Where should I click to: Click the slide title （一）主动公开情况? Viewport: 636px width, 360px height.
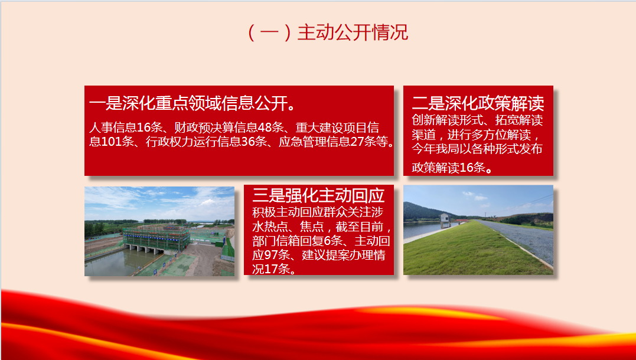327,32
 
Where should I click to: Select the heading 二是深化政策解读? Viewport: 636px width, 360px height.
478,103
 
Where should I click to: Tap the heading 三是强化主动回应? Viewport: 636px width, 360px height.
318,195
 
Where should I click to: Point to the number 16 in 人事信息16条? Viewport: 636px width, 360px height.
143,127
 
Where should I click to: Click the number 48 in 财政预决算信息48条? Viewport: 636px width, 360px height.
265,127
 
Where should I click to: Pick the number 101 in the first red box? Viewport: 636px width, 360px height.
111,142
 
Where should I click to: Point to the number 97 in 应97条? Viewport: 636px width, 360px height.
271,255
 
